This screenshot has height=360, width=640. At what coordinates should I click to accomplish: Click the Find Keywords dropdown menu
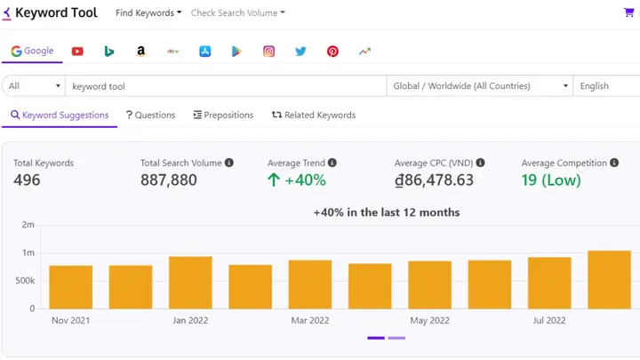tap(148, 13)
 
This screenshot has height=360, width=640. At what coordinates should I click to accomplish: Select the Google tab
tap(32, 51)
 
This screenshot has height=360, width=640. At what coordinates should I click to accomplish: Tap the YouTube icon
tap(77, 52)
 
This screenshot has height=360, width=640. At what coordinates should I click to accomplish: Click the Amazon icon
tap(140, 52)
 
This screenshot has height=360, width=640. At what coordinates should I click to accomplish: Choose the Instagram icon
tap(268, 52)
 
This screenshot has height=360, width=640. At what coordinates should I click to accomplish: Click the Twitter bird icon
tap(300, 52)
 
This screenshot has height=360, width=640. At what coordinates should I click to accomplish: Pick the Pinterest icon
tap(332, 52)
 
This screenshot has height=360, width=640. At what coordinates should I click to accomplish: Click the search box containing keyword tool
tap(227, 86)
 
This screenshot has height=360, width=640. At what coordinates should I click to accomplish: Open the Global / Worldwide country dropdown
tap(480, 86)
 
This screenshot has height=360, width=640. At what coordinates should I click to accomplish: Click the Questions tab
tap(150, 115)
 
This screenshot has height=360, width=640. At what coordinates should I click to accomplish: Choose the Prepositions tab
tap(223, 115)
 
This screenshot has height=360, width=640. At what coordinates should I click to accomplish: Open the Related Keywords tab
tap(314, 115)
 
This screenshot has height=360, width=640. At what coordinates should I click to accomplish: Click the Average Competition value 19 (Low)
tap(551, 180)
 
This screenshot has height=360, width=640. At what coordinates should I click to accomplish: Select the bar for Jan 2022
tap(190, 283)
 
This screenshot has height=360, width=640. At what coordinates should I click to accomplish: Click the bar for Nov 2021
tap(71, 287)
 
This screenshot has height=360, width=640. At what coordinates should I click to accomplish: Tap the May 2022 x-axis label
tap(430, 320)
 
